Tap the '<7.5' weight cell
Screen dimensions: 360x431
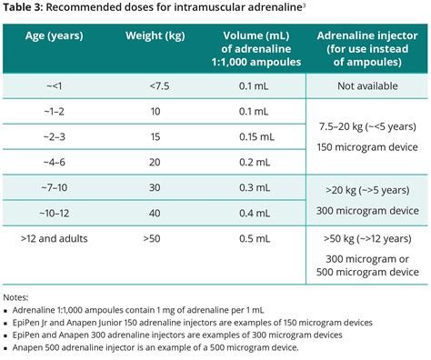pos(156,86)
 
